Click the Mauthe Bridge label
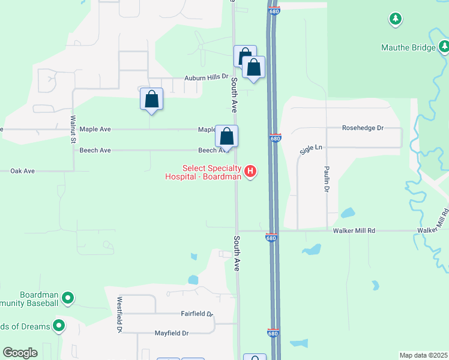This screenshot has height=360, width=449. (x=408, y=47)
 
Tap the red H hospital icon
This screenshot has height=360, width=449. (x=250, y=172)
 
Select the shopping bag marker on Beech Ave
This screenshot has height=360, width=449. (x=227, y=136)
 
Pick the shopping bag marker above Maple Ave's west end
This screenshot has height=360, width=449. (x=151, y=99)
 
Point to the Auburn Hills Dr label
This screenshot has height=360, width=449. (x=206, y=77)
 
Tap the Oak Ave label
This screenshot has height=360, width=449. (x=23, y=171)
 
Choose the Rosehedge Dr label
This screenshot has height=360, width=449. (x=363, y=128)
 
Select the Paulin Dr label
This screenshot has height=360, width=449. (x=327, y=179)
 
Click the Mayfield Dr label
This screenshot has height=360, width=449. (x=172, y=333)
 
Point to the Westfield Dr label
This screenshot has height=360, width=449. (x=120, y=315)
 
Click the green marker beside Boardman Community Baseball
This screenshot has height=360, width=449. (x=68, y=297)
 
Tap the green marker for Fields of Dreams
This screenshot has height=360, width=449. (x=59, y=326)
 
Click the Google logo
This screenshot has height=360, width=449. (x=20, y=353)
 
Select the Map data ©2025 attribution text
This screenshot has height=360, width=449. (x=424, y=355)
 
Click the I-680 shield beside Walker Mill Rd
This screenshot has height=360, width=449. (x=271, y=238)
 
